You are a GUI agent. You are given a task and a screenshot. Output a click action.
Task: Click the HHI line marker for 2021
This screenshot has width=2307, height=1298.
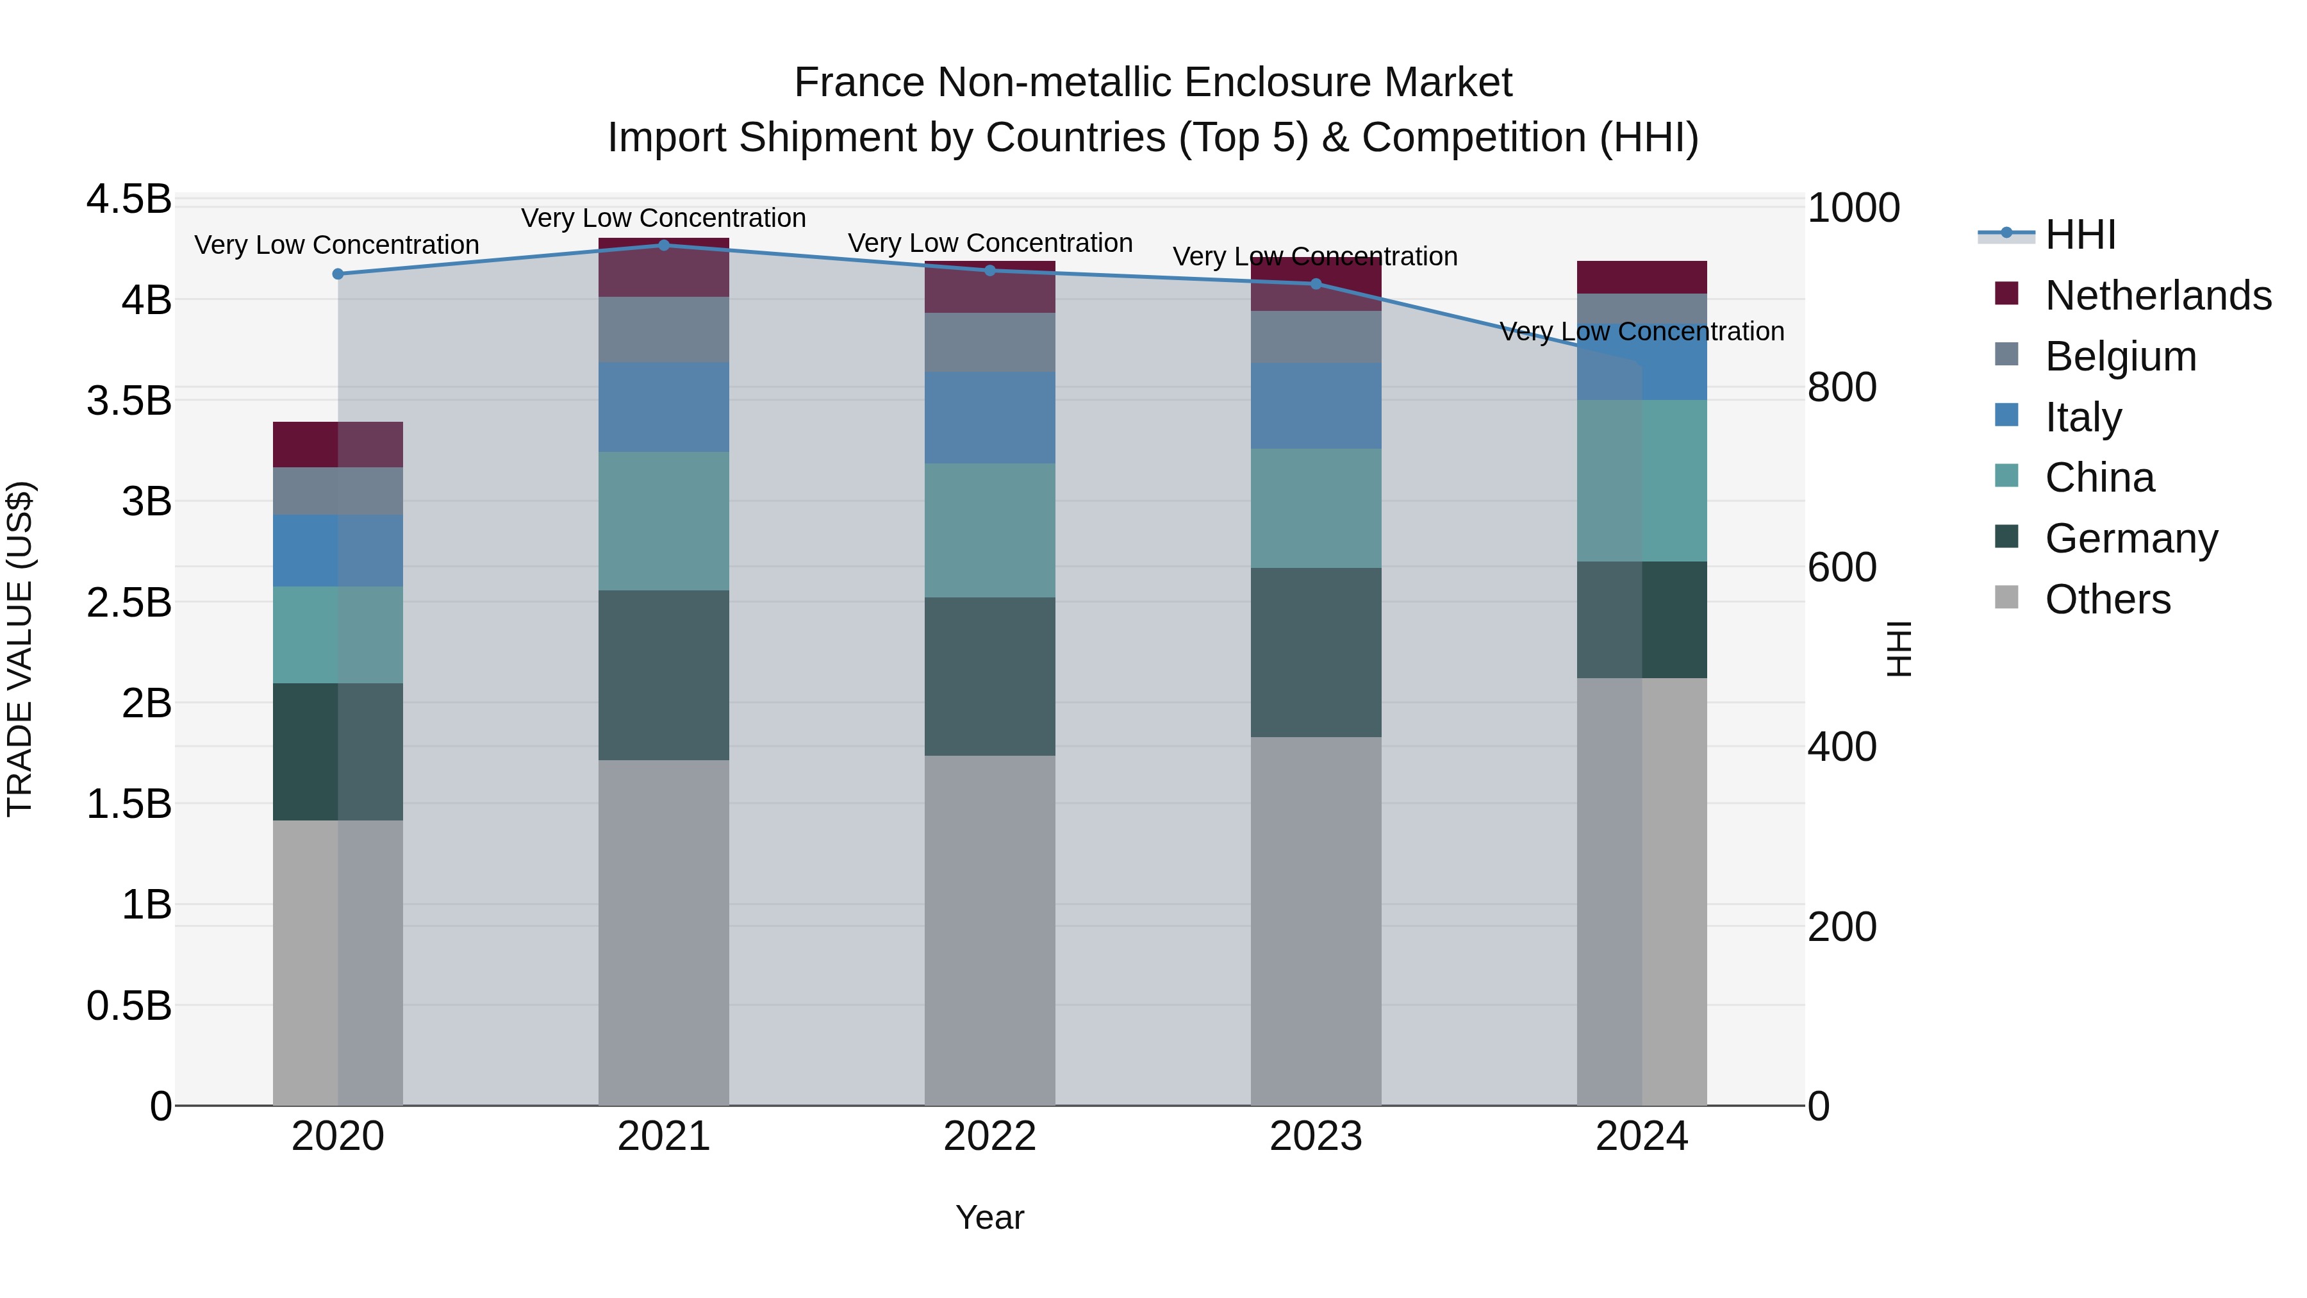tap(664, 245)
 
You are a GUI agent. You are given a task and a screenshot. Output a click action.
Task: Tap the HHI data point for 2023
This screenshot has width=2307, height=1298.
tap(1316, 284)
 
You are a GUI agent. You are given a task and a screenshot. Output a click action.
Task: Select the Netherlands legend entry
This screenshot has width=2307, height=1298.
tap(2158, 295)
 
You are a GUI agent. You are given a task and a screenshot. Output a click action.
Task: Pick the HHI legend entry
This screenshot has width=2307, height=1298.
tap(2080, 235)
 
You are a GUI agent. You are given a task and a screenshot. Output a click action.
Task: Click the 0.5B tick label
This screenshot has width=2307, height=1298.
tap(129, 1006)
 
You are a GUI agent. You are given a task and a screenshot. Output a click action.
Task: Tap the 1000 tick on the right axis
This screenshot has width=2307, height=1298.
tap(1853, 208)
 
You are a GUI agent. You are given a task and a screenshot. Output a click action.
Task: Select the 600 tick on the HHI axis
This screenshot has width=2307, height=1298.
tap(1841, 567)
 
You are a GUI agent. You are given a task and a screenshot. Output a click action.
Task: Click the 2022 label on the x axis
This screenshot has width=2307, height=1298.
tap(989, 1136)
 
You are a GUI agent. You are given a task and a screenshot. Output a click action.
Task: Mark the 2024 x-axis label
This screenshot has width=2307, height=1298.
tap(1642, 1136)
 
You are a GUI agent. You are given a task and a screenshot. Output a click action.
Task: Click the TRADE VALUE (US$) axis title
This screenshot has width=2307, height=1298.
tap(20, 649)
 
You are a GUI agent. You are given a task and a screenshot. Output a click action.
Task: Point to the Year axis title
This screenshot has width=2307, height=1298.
tap(989, 1217)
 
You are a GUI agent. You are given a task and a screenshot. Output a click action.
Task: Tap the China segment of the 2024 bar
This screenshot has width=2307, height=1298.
tap(1642, 481)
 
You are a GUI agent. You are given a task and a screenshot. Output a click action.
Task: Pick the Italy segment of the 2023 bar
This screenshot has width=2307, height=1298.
tap(1316, 406)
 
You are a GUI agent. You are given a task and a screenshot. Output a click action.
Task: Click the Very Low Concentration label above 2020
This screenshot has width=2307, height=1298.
tap(336, 245)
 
